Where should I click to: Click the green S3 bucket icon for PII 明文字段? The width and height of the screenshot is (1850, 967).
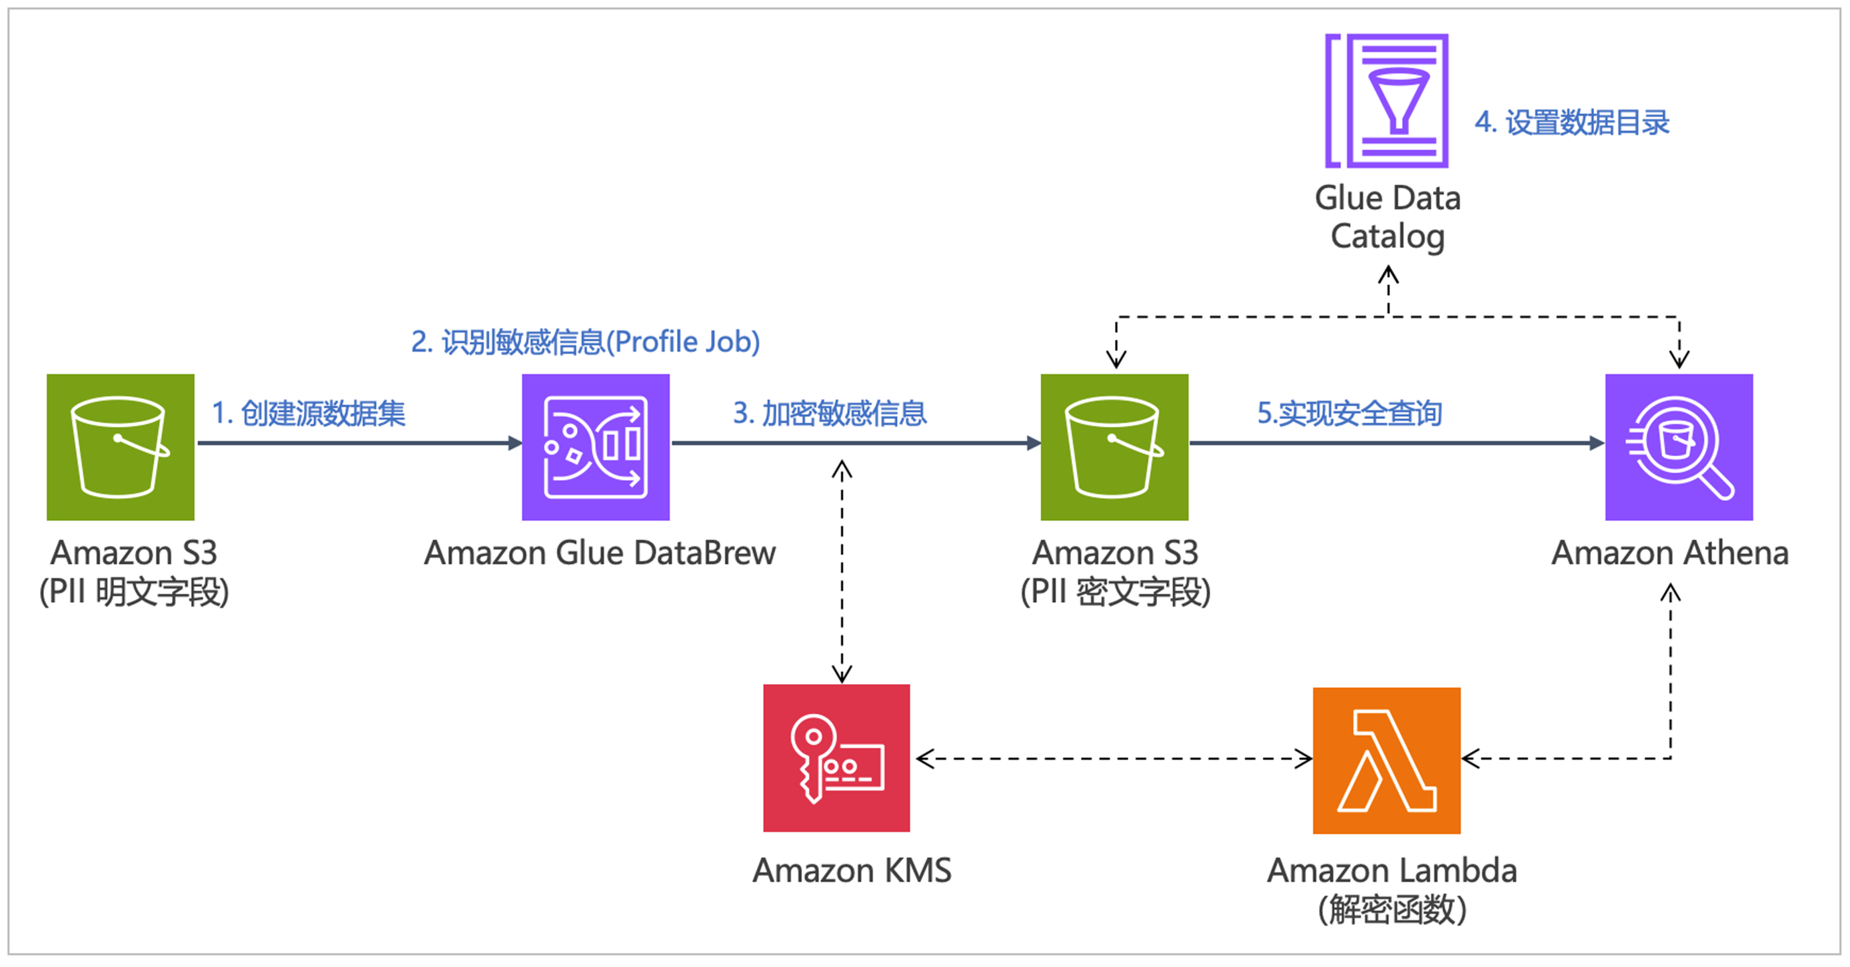(120, 446)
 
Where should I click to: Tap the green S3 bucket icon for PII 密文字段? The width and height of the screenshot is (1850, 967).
(1114, 446)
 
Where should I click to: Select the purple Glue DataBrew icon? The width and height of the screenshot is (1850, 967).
(595, 446)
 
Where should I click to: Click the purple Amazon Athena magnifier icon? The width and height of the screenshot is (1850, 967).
(1678, 446)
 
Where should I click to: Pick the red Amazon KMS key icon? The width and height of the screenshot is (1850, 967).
(836, 757)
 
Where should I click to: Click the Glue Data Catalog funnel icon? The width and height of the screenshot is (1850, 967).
(1386, 101)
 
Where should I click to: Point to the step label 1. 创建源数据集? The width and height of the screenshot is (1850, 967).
(309, 413)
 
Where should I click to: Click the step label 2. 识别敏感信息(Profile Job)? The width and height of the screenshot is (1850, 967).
(585, 342)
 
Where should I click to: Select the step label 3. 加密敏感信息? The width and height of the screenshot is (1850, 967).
(830, 413)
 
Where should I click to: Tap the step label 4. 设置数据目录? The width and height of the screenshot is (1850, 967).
(1571, 122)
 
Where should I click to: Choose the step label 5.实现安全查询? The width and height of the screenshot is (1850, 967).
(1349, 413)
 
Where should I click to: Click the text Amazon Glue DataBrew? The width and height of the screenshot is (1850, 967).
(600, 553)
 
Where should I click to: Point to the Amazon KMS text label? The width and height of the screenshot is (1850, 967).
(852, 870)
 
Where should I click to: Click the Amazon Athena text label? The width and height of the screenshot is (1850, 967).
(1670, 553)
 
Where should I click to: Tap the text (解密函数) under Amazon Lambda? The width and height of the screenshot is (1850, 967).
(1391, 910)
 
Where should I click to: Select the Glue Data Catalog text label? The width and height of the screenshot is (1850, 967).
(1387, 217)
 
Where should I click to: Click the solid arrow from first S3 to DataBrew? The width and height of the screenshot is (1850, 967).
(359, 443)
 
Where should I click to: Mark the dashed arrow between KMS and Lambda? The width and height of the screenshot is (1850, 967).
(1113, 758)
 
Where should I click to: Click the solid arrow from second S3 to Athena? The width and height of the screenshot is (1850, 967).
(1397, 443)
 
